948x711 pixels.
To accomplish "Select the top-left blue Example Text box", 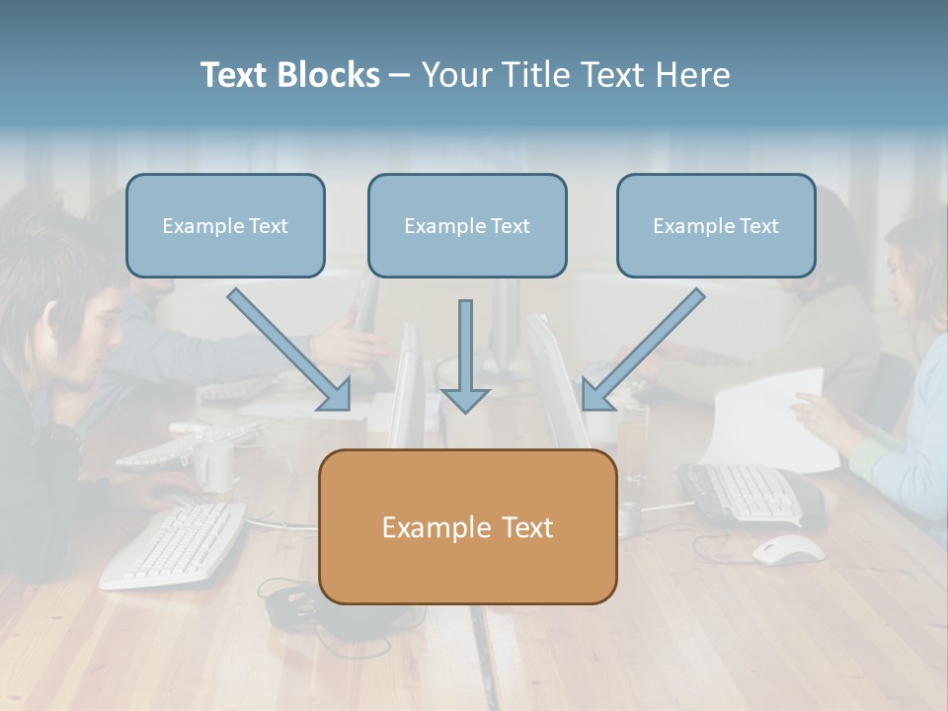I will [x=225, y=226].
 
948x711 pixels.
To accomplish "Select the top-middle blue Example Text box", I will [x=467, y=226].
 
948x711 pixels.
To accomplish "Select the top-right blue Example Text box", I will [x=716, y=226].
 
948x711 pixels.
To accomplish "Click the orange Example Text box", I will [x=467, y=527].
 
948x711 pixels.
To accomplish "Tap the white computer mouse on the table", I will [x=788, y=549].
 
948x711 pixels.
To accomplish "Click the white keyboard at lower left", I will [x=174, y=544].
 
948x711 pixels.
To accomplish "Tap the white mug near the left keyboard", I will [x=214, y=464].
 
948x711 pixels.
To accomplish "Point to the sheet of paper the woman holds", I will [x=770, y=420].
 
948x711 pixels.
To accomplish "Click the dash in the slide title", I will [x=400, y=75].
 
